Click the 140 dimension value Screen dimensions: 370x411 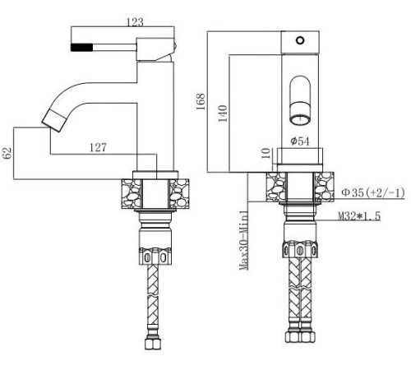click(219, 113)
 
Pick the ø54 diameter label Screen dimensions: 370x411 click(301, 141)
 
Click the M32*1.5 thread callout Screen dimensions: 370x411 click(363, 216)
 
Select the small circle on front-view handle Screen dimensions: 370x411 click(300, 39)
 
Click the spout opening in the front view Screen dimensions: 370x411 click(300, 107)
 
